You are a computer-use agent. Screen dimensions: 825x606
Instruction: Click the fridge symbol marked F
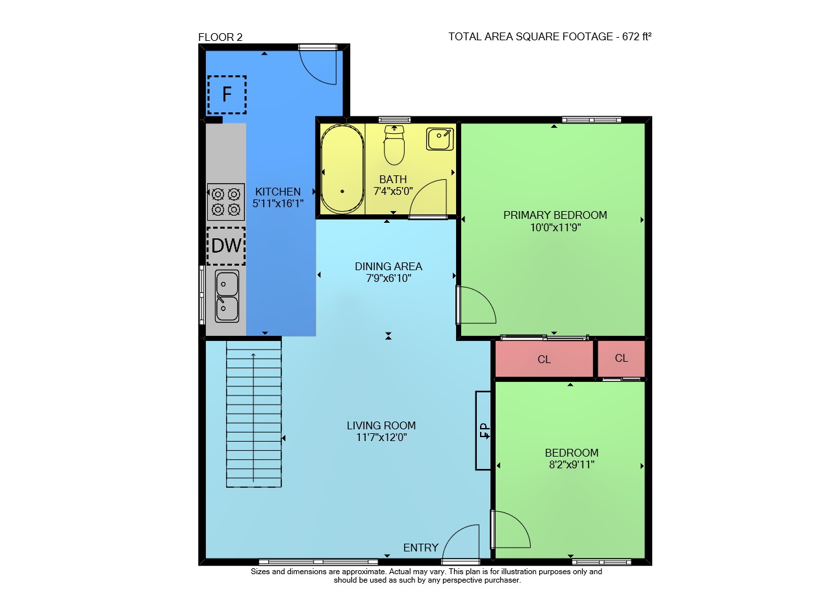[227, 95]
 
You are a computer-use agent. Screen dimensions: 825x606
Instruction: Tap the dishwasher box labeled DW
[226, 246]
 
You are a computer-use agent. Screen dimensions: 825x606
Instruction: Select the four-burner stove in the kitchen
[226, 202]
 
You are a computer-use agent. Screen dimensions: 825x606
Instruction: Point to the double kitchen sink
[227, 296]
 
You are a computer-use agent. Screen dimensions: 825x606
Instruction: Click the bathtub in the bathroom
[342, 169]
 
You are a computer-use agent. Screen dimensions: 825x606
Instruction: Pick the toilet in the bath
[394, 145]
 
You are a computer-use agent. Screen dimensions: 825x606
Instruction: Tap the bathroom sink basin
[440, 139]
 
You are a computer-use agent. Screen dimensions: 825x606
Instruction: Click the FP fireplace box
[483, 431]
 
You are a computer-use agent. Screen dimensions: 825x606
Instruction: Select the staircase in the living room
[254, 414]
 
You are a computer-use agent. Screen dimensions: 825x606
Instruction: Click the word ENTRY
[420, 548]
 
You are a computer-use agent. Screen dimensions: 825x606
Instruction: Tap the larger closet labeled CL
[544, 359]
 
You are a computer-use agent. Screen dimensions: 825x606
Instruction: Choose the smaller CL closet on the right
[621, 359]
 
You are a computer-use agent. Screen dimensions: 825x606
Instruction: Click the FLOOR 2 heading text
[220, 37]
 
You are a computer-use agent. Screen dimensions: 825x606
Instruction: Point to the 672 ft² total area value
[637, 36]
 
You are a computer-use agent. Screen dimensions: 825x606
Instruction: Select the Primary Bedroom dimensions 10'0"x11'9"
[555, 227]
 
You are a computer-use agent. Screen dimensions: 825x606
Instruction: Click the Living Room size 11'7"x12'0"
[381, 437]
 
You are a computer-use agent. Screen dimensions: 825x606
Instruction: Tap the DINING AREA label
[388, 266]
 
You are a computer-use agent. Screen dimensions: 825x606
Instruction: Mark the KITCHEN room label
[277, 192]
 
